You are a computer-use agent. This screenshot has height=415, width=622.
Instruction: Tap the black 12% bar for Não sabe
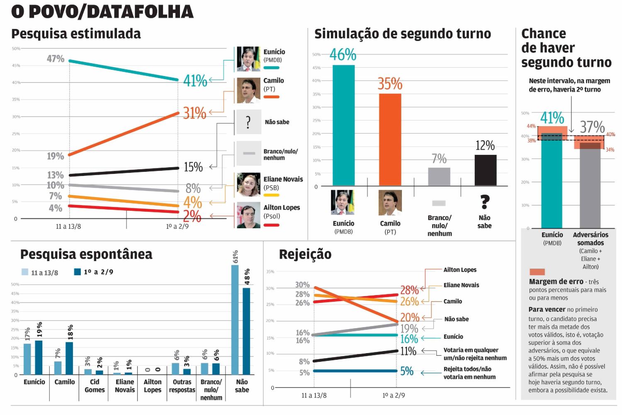(x=485, y=170)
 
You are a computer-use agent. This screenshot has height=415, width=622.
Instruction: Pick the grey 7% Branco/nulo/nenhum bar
(x=439, y=176)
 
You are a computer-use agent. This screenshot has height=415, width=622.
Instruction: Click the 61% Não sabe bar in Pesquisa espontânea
(x=235, y=320)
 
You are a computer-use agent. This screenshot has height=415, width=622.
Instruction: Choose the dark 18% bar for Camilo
(x=69, y=358)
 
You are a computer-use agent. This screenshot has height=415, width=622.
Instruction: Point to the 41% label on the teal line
(x=195, y=81)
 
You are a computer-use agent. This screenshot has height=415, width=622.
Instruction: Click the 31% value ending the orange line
(x=194, y=113)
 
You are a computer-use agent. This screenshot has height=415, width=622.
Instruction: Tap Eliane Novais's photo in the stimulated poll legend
(x=248, y=185)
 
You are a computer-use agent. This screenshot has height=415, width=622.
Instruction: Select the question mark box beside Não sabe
(x=248, y=122)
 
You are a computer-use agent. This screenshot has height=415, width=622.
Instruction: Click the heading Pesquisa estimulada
(x=76, y=34)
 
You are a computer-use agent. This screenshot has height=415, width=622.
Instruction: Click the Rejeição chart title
(x=305, y=254)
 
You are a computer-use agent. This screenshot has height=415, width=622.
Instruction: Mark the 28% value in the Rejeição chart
(x=409, y=290)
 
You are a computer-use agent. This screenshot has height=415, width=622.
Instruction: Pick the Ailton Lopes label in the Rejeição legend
(x=460, y=270)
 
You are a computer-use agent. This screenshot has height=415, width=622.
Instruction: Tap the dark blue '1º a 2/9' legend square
(x=77, y=272)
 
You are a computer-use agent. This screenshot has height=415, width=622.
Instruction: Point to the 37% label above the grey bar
(x=592, y=127)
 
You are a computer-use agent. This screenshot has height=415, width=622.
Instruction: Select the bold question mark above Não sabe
(x=485, y=202)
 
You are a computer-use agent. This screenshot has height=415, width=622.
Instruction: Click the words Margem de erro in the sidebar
(x=556, y=281)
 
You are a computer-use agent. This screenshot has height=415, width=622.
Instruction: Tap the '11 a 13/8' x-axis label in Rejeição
(x=314, y=395)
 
